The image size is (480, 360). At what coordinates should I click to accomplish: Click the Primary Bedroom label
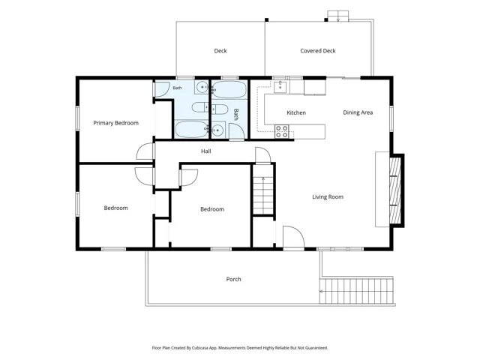[115, 123]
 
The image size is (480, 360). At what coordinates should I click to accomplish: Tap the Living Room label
[328, 196]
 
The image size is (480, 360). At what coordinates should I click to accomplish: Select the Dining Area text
[358, 112]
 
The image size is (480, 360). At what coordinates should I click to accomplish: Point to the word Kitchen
[296, 113]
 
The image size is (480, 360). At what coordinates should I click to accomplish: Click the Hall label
[206, 151]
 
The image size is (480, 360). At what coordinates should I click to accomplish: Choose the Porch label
[233, 279]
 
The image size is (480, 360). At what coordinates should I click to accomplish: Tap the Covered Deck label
[318, 51]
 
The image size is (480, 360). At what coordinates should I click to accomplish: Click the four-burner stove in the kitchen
[282, 131]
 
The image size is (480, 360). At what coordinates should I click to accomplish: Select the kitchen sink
[280, 87]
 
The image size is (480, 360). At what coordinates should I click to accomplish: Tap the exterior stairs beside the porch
[356, 290]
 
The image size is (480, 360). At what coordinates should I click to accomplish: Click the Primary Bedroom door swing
[145, 151]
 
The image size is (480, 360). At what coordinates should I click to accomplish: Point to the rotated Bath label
[236, 115]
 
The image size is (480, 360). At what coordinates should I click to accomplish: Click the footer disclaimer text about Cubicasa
[240, 348]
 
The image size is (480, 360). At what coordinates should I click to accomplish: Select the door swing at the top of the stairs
[263, 155]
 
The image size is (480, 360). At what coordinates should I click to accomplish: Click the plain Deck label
[220, 51]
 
